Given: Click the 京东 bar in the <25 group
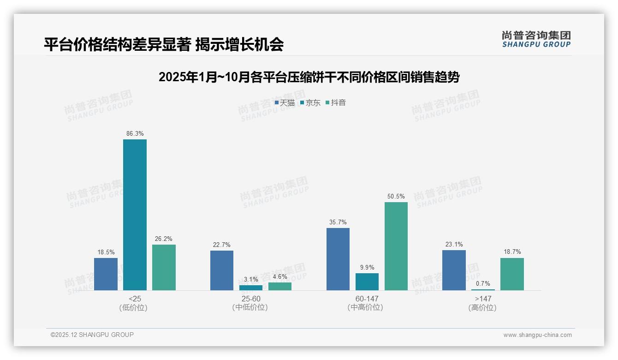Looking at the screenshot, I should click(135, 215).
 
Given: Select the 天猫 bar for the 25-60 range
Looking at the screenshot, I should click(222, 270).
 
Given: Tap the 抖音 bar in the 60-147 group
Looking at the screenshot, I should click(396, 246).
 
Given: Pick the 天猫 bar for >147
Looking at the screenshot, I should click(454, 270).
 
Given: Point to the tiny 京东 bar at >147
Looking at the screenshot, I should click(483, 289).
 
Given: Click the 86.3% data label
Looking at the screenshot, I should click(135, 134).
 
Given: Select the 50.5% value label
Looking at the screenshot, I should click(396, 197).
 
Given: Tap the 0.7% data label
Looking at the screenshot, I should click(483, 284).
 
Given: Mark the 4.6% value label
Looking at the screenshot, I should click(280, 277).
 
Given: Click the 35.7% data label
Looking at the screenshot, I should click(338, 222).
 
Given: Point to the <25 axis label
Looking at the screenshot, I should click(135, 299).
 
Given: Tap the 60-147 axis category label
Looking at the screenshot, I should click(367, 299).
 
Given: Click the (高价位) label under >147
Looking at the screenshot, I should click(482, 308).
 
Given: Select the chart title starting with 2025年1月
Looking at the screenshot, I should click(309, 77).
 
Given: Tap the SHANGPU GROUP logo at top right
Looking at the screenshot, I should click(536, 39).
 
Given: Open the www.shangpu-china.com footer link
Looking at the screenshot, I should click(537, 335).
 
